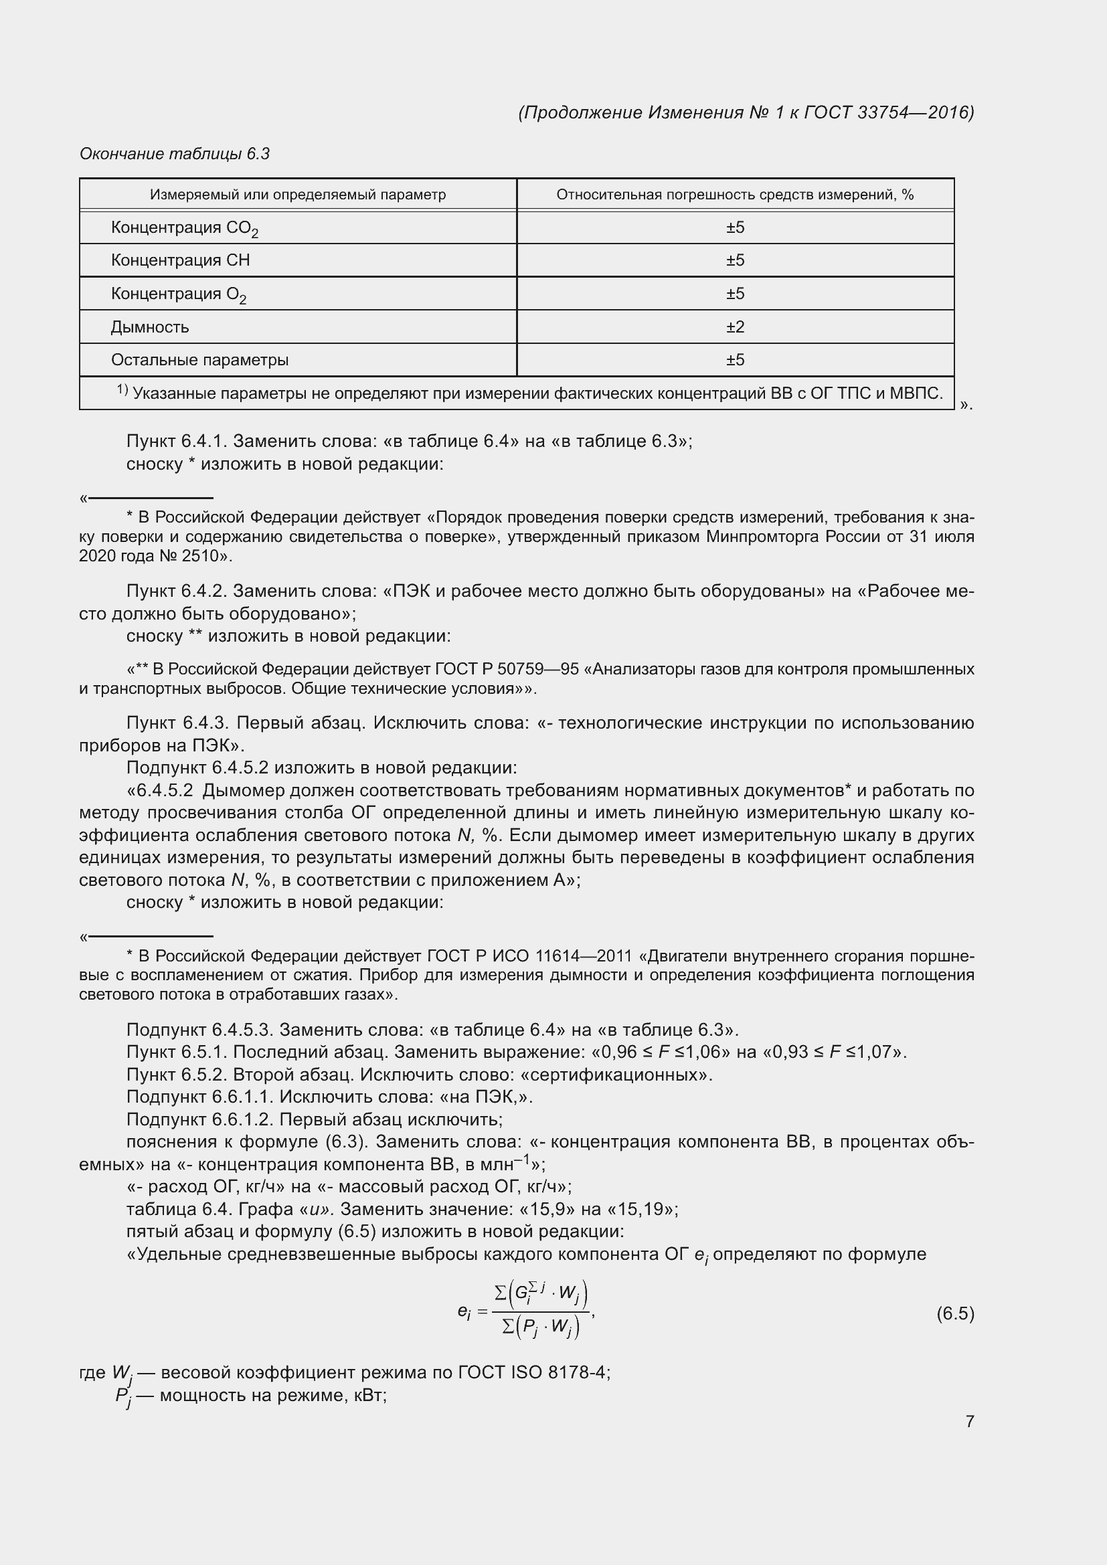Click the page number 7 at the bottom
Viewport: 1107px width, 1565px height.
(969, 1421)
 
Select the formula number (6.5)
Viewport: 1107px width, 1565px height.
(955, 1313)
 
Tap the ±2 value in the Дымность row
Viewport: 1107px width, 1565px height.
(735, 327)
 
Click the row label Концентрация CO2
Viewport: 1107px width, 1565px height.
(184, 227)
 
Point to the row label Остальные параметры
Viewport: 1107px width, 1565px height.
(199, 360)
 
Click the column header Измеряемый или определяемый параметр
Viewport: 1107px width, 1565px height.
(298, 195)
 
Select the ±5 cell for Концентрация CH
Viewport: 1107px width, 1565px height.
(735, 260)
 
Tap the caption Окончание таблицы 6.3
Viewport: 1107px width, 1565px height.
(175, 154)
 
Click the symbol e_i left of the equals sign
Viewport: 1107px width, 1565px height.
(464, 1311)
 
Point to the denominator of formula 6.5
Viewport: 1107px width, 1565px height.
(540, 1326)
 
